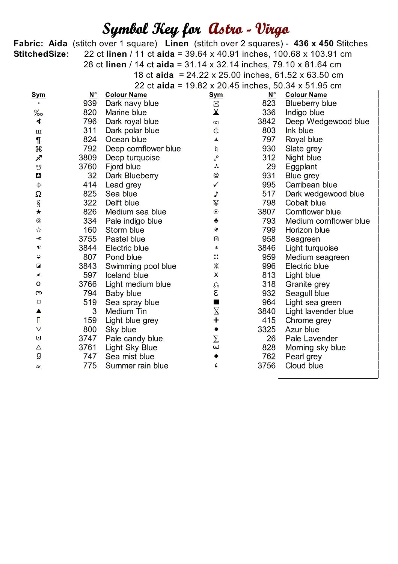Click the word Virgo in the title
pos(272,29)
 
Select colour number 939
pos(90,103)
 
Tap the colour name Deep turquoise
pos(132,158)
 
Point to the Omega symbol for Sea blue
pos(38,194)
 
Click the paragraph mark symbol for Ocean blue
pos(38,140)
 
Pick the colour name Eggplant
pos(301,167)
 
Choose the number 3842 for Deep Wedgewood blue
pos(267,121)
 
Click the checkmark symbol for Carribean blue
pos(216,185)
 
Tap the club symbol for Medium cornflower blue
pos(216,221)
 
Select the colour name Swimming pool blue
pos(140,266)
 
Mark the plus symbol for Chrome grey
pos(216,320)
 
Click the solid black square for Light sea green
pos(216,302)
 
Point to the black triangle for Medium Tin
pos(38,311)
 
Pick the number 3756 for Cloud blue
pos(267,365)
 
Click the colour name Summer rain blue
pos(137,365)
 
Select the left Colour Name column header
pos(126,95)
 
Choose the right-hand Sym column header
pos(216,95)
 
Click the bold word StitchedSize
pos(41,54)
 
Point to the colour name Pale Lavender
pos(311,338)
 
